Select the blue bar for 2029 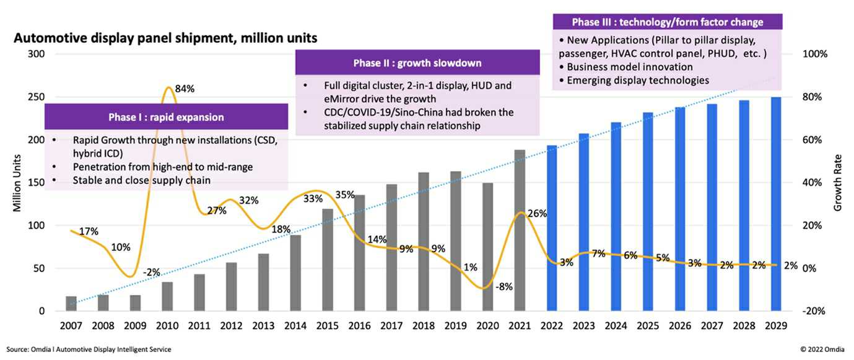click(x=775, y=204)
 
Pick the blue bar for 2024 click(x=616, y=216)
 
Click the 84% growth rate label click(x=185, y=89)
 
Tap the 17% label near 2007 click(x=89, y=232)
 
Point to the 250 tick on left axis click(x=37, y=97)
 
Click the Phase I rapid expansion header click(x=166, y=117)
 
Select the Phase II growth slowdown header click(x=417, y=63)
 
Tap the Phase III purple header click(x=668, y=22)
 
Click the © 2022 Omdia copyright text click(x=821, y=349)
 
